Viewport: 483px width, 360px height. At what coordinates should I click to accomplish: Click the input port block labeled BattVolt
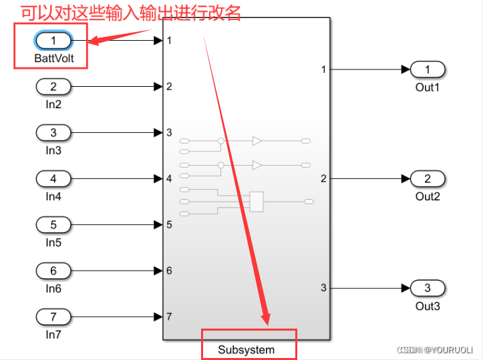[x=53, y=41]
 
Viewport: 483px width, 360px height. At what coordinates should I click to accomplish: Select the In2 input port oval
[x=53, y=87]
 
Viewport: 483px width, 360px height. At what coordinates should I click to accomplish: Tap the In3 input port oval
[x=53, y=133]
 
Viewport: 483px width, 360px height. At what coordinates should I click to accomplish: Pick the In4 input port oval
[x=53, y=179]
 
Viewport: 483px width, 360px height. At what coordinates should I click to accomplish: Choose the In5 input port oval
[x=53, y=225]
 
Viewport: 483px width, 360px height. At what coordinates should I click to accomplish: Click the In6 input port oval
[x=53, y=271]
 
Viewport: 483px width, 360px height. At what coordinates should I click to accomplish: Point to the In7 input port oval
[x=53, y=317]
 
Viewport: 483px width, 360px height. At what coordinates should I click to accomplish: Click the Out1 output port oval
[x=428, y=69]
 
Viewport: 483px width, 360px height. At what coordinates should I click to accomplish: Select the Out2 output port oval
[x=428, y=179]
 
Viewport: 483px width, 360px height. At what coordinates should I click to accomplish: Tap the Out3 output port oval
[x=428, y=289]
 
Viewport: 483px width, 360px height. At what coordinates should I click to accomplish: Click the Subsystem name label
[x=246, y=349]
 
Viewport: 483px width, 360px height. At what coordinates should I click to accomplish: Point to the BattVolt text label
[x=53, y=59]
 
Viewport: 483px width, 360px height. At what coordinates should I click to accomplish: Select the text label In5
[x=53, y=242]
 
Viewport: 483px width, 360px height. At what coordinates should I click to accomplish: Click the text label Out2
[x=428, y=196]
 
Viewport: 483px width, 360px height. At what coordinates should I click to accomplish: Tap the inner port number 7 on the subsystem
[x=170, y=317]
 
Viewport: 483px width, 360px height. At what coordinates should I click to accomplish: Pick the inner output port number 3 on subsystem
[x=323, y=288]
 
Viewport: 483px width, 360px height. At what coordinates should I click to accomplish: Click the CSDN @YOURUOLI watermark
[x=435, y=350]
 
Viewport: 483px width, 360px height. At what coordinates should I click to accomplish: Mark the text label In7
[x=53, y=334]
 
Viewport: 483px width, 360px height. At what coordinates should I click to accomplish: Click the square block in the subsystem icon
[x=257, y=201]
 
